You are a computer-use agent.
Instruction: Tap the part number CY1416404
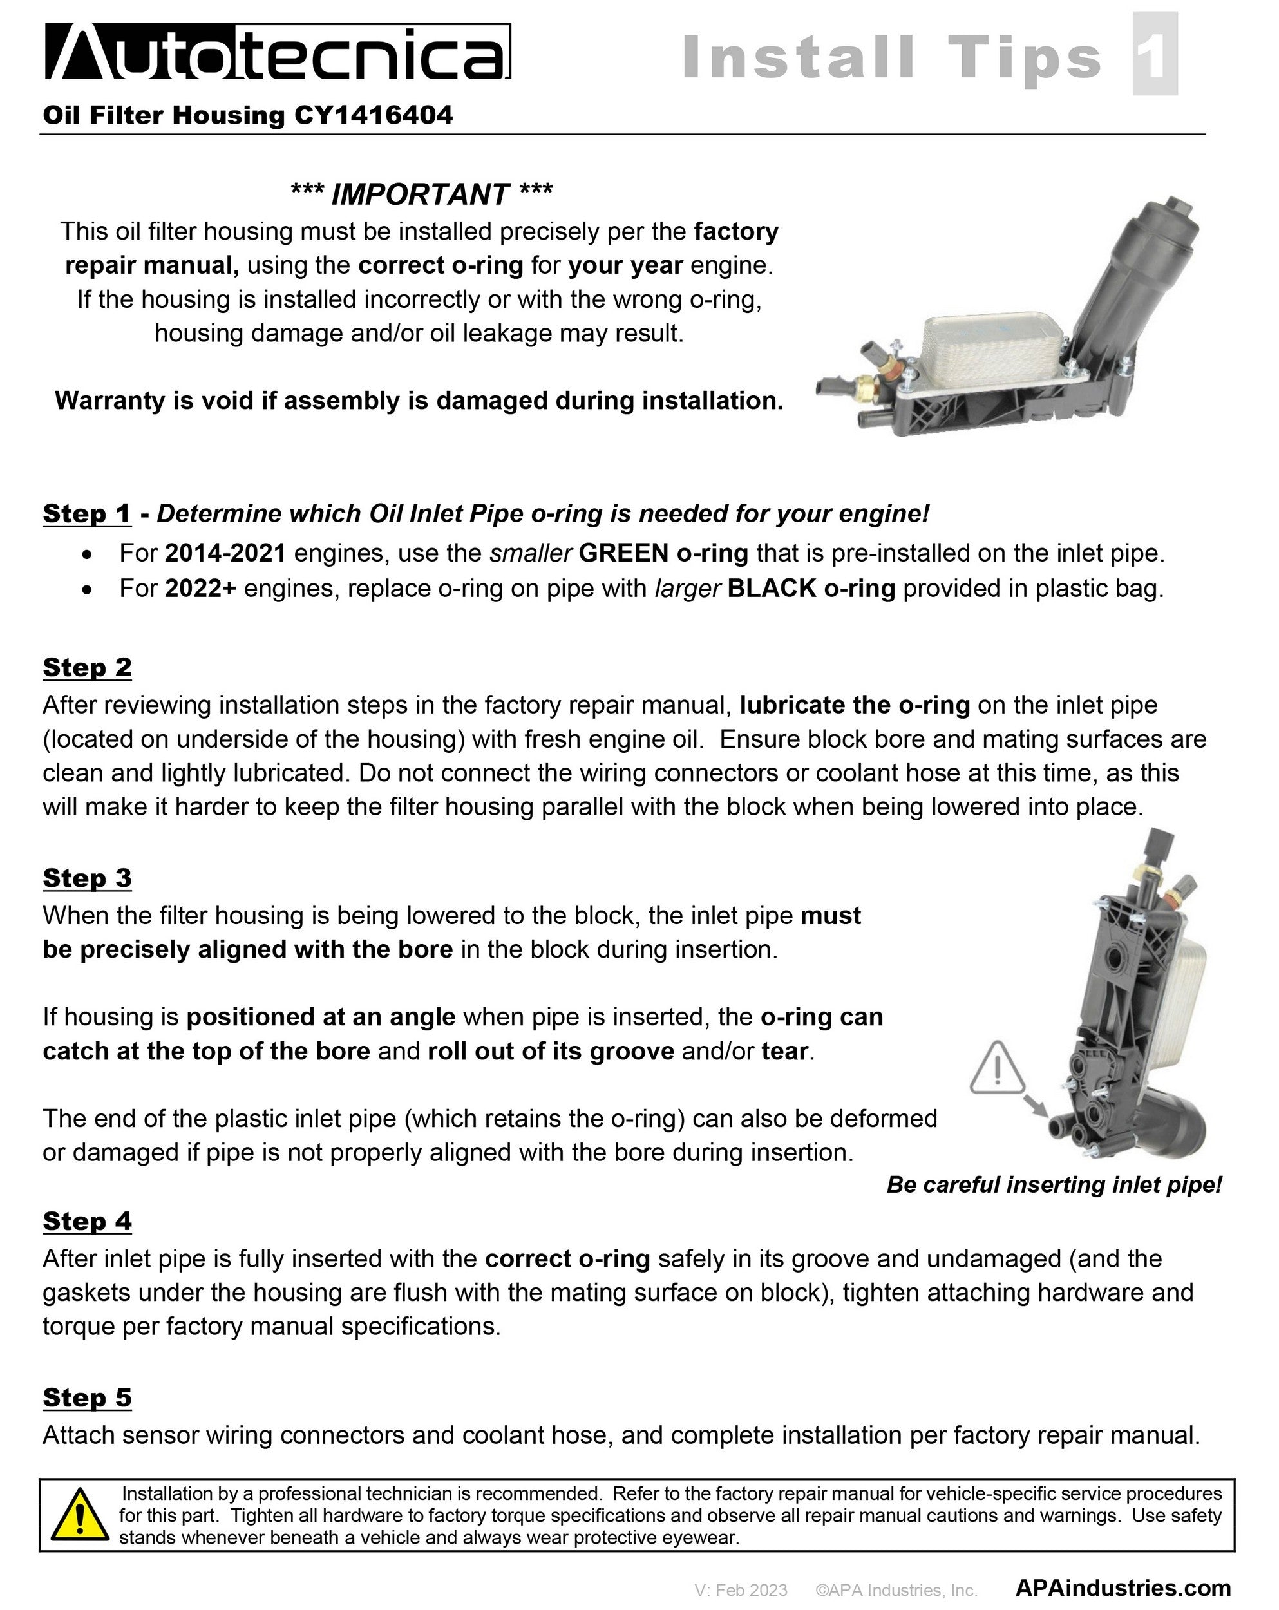[x=373, y=115]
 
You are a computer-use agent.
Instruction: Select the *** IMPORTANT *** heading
[x=421, y=194]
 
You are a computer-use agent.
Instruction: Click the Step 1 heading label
[x=86, y=513]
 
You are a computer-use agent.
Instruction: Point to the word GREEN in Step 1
[x=623, y=553]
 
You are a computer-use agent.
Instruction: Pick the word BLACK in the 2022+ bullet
[x=772, y=589]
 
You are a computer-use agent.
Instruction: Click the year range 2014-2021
[x=225, y=553]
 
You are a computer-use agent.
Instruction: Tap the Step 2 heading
[x=86, y=667]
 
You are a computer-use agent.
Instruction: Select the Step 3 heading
[x=86, y=877]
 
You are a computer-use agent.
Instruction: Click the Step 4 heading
[x=86, y=1221]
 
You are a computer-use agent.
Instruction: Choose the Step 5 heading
[x=86, y=1397]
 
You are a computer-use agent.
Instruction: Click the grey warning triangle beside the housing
[x=997, y=1068]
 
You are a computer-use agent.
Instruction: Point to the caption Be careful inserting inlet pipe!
[x=1054, y=1184]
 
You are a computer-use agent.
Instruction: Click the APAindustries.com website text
[x=1123, y=1588]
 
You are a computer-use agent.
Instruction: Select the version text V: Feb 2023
[x=741, y=1590]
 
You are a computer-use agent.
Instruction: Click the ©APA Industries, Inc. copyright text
[x=896, y=1590]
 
